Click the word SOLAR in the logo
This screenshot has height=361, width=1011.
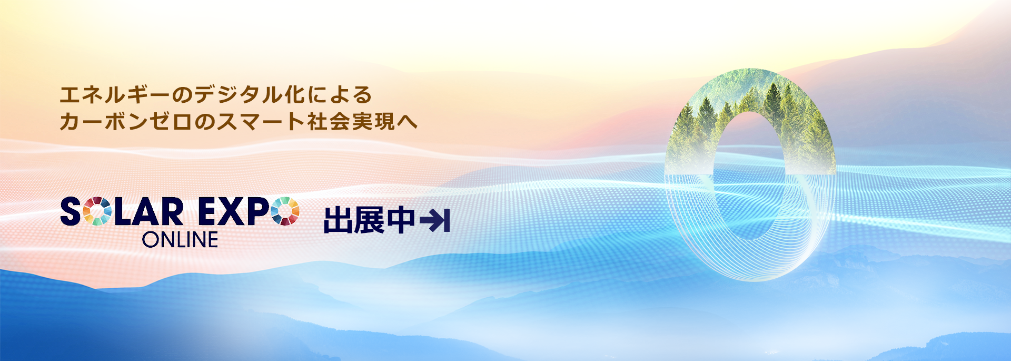[122, 211]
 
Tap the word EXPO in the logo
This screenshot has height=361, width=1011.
[249, 211]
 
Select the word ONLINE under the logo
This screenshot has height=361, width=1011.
[180, 240]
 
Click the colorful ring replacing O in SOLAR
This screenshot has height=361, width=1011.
[97, 211]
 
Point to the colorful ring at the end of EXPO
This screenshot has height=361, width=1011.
[285, 211]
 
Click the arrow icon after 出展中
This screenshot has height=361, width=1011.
[435, 221]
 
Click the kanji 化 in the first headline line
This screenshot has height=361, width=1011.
[295, 95]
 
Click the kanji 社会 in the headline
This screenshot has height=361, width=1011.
[329, 122]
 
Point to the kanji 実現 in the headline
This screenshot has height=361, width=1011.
[374, 122]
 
